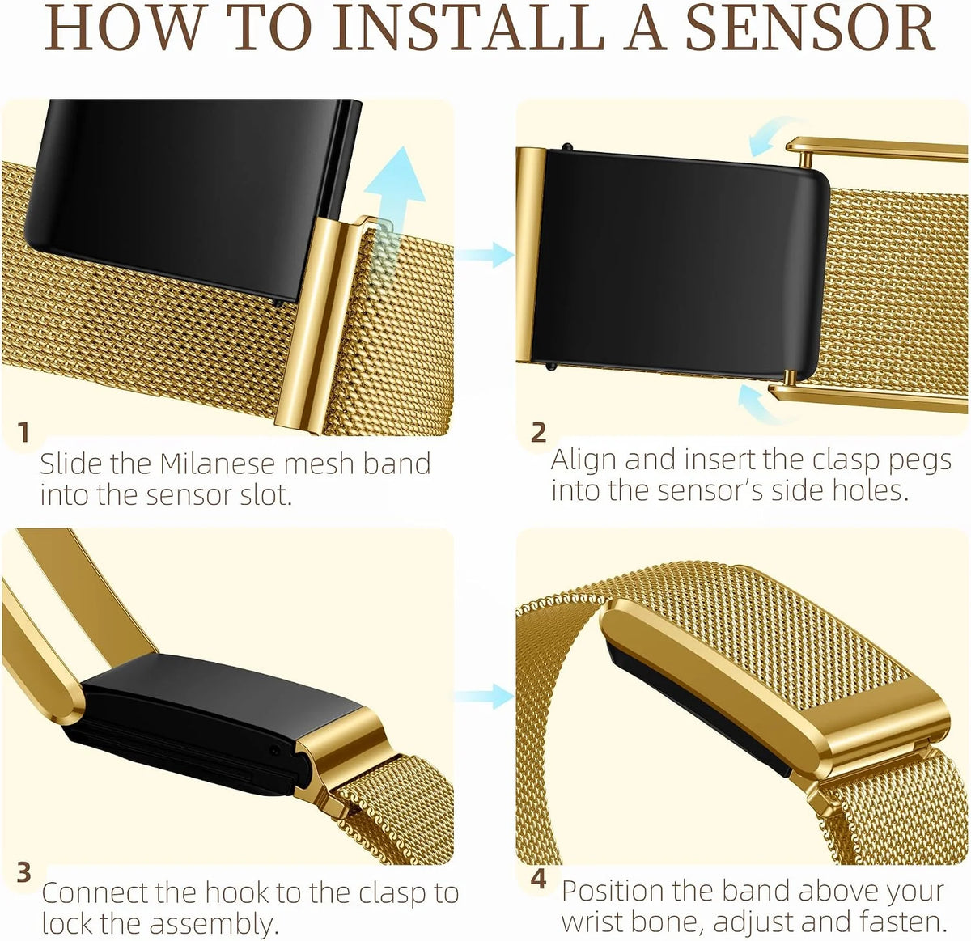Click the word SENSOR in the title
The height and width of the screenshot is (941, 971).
(x=810, y=28)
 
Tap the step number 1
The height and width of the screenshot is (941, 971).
(x=23, y=432)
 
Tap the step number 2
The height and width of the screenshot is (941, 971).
(x=538, y=432)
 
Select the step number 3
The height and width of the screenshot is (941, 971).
(x=23, y=873)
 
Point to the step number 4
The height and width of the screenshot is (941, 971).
(x=538, y=878)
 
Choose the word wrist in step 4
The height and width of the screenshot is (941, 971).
(x=592, y=921)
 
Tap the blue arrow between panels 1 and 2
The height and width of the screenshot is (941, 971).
(x=484, y=254)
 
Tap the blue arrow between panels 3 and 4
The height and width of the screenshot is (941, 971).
(x=484, y=696)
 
